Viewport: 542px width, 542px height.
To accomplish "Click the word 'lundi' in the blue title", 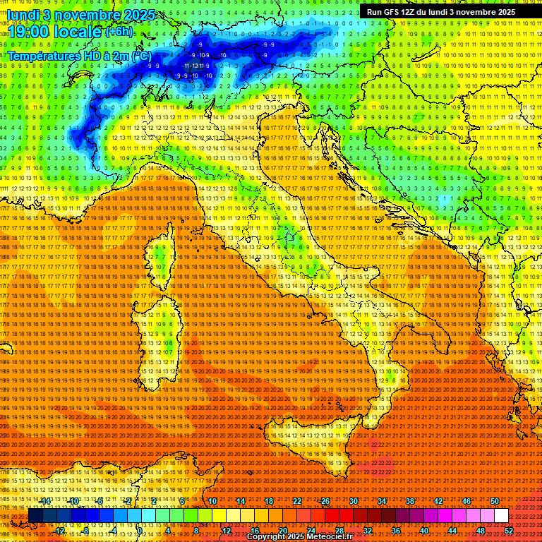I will [22, 14].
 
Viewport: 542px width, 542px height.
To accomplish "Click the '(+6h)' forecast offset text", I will [118, 32].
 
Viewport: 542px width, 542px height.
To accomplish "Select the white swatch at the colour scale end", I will [500, 516].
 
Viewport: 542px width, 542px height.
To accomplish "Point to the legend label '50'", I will [495, 501].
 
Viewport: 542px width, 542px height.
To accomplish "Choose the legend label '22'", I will [297, 501].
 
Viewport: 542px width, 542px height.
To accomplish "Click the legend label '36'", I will [396, 531].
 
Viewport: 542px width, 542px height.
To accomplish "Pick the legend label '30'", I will [354, 501].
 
